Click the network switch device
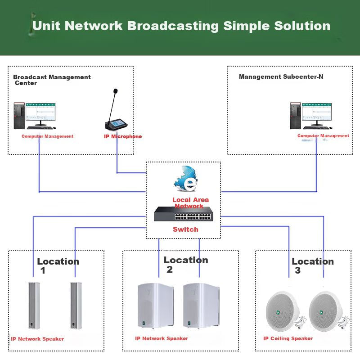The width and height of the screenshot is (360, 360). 183,214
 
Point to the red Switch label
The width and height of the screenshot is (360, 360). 185,229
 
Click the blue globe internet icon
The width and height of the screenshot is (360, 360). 186,179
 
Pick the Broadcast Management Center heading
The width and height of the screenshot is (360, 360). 52,80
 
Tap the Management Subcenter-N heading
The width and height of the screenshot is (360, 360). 281,76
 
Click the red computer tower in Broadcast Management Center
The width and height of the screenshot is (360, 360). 18,116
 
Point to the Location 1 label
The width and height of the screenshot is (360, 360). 58,265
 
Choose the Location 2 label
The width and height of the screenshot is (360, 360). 185,264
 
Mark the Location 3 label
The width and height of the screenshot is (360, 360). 312,265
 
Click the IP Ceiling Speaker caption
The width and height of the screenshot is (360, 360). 288,338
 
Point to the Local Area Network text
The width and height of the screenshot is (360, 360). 190,203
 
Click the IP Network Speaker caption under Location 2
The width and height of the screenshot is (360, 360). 162,338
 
